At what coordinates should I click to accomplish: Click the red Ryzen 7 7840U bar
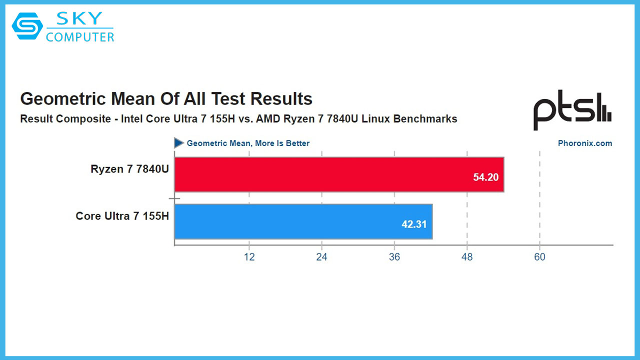pyautogui.click(x=339, y=174)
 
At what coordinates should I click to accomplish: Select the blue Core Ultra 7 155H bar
pyautogui.click(x=303, y=221)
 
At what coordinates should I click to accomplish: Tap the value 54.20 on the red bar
pyautogui.click(x=485, y=176)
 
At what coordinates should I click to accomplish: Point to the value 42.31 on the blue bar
pyautogui.click(x=414, y=224)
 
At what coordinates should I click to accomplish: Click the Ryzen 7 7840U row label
pyautogui.click(x=129, y=169)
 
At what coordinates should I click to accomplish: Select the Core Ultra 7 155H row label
pyautogui.click(x=122, y=216)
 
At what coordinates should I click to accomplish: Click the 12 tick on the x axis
pyautogui.click(x=249, y=257)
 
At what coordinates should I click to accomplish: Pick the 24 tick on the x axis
pyautogui.click(x=321, y=257)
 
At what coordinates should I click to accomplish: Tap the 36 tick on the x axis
pyautogui.click(x=394, y=257)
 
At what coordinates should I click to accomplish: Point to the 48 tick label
pyautogui.click(x=467, y=257)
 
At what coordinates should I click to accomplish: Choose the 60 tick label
pyautogui.click(x=539, y=257)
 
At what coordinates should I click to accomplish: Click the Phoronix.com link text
pyautogui.click(x=584, y=143)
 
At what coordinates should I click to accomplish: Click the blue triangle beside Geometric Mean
pyautogui.click(x=178, y=143)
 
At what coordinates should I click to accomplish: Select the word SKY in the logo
pyautogui.click(x=80, y=19)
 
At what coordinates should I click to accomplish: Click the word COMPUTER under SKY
pyautogui.click(x=80, y=36)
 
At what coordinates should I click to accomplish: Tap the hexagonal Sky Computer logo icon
pyautogui.click(x=27, y=26)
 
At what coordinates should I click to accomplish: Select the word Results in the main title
pyautogui.click(x=281, y=99)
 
